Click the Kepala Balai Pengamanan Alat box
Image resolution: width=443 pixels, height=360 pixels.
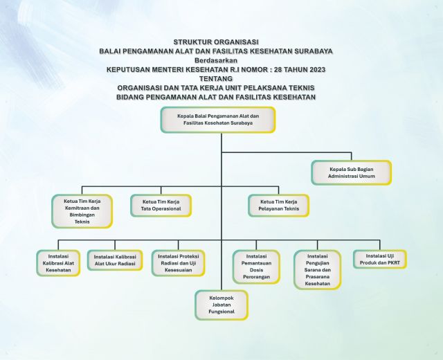(218, 120)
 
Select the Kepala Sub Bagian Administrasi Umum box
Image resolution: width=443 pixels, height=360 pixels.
(352, 172)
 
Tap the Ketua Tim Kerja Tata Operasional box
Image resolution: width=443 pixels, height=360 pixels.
(161, 206)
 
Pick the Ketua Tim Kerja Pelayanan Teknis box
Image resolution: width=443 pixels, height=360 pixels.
(278, 206)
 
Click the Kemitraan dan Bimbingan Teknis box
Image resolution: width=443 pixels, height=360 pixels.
(82, 211)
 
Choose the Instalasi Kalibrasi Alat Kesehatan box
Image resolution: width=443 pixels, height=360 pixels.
(58, 263)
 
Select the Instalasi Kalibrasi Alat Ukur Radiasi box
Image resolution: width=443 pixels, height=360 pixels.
(115, 260)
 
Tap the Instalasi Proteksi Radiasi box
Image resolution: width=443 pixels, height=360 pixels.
(179, 263)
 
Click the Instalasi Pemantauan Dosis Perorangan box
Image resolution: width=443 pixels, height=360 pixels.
(256, 267)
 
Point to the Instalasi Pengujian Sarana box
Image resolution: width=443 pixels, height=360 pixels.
(318, 270)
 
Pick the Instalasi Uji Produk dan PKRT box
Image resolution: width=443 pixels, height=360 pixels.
(380, 259)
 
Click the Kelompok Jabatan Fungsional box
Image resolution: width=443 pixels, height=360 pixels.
(221, 305)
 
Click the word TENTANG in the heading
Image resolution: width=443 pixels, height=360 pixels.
(216, 78)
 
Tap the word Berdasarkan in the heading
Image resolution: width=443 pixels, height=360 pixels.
(216, 60)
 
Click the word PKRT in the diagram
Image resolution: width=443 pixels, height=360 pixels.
(394, 263)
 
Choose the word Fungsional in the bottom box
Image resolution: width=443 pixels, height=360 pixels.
(221, 312)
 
